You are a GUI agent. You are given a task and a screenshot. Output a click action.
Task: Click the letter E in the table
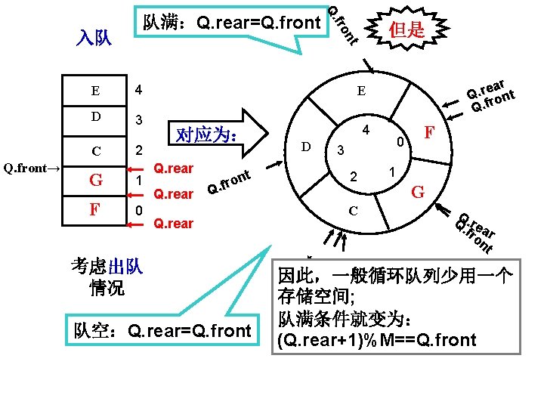click(94, 91)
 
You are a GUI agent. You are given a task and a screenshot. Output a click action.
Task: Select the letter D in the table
click(95, 118)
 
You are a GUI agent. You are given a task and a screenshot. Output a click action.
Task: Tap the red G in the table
click(95, 181)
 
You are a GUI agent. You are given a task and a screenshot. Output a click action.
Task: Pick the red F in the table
click(94, 209)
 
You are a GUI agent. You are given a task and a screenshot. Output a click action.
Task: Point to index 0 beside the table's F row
click(138, 209)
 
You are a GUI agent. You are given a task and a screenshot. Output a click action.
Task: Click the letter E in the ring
click(362, 91)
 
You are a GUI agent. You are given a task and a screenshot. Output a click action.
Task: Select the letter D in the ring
click(305, 145)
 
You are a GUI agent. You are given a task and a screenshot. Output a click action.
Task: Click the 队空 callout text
click(161, 330)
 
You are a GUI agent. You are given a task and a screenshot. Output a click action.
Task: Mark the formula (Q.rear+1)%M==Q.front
click(377, 340)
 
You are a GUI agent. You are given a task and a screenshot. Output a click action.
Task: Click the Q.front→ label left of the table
click(32, 168)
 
